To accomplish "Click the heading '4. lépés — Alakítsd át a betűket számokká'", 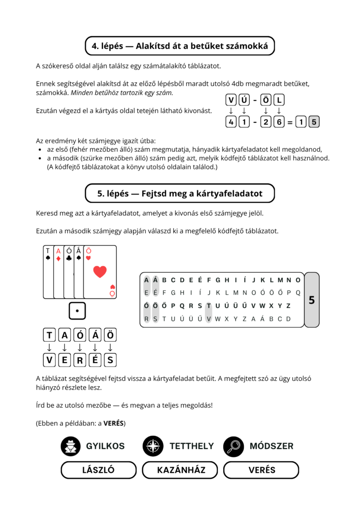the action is click(x=180, y=46).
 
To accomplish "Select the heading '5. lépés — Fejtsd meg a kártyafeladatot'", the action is click(x=180, y=194).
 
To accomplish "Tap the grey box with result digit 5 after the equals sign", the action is click(x=314, y=122).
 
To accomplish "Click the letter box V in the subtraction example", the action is click(x=231, y=100).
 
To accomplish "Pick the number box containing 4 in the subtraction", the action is click(x=231, y=122).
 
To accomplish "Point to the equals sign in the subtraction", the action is click(x=290, y=122).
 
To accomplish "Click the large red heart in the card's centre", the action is click(x=100, y=272).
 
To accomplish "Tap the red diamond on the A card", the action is click(x=59, y=259).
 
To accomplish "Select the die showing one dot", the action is click(x=77, y=311).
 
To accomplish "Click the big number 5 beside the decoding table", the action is click(x=312, y=300).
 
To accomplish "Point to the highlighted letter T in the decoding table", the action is click(x=209, y=306).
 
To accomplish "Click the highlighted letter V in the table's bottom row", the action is click(x=209, y=319).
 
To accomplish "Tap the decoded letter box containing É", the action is click(x=95, y=360).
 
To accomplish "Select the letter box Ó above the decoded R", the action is click(x=80, y=335).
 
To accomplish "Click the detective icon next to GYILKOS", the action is click(x=71, y=447).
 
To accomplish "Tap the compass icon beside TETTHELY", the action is click(x=153, y=447).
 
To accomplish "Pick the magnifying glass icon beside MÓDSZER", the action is click(x=233, y=447).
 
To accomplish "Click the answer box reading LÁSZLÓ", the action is click(x=98, y=470).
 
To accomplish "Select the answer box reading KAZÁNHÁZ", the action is click(x=180, y=470).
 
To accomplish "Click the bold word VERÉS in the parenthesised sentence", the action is click(x=113, y=423).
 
